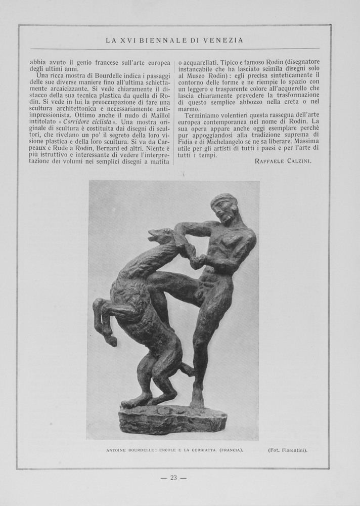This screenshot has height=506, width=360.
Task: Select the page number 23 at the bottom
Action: pyautogui.click(x=173, y=477)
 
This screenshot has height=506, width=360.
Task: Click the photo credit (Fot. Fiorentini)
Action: pyautogui.click(x=287, y=449)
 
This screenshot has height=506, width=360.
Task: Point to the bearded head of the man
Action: pyautogui.click(x=223, y=207)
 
